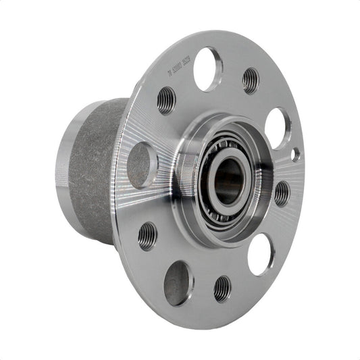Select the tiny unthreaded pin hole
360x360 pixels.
[x=295, y=155]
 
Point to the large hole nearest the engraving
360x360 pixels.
[x=207, y=69]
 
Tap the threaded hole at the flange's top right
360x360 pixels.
[x=251, y=80]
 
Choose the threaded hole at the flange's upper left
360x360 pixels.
[x=166, y=100]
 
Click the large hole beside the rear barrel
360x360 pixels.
[x=141, y=164]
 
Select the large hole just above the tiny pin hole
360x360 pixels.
[x=278, y=128]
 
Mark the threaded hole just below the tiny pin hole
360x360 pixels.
[x=282, y=193]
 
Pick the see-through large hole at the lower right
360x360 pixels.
[x=261, y=253]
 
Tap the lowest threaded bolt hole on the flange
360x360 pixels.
[x=222, y=288]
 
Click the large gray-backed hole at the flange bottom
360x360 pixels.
[x=178, y=282]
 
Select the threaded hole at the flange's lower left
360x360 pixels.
[x=147, y=236]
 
